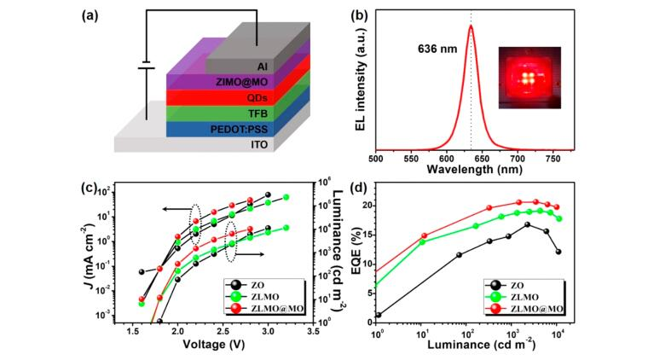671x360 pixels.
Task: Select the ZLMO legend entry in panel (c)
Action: (260, 294)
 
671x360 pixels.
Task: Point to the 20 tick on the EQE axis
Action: (367, 206)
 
